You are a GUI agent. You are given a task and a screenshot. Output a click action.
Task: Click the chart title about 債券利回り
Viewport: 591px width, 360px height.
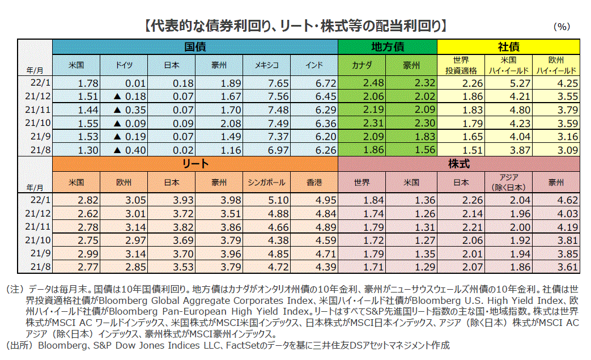(x=295, y=25)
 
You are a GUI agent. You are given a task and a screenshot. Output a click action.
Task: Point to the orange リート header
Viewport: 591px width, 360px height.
(x=195, y=164)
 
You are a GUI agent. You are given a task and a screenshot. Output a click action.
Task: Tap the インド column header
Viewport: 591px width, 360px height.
(x=314, y=65)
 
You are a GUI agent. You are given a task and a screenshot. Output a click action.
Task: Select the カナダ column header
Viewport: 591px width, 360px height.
(x=362, y=65)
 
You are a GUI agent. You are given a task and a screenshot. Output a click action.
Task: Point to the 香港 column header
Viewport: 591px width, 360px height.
(x=314, y=183)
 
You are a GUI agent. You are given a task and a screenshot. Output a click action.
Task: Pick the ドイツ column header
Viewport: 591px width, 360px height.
(x=124, y=65)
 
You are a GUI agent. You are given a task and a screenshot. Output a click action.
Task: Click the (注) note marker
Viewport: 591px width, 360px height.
(x=15, y=289)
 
